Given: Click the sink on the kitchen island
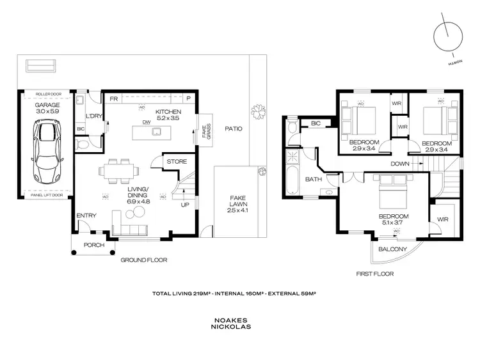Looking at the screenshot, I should pos(157,132).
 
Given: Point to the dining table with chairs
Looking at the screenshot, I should pos(118,170).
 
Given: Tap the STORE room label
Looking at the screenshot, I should pos(177,162).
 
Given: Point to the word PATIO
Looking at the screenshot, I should pos(234,129).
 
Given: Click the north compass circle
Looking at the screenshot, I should pos(446,35).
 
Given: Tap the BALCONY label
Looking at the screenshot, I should pos(392,249).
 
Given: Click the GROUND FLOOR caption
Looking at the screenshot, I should pos(143,260).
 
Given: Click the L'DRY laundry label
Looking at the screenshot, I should pos(94,116).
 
